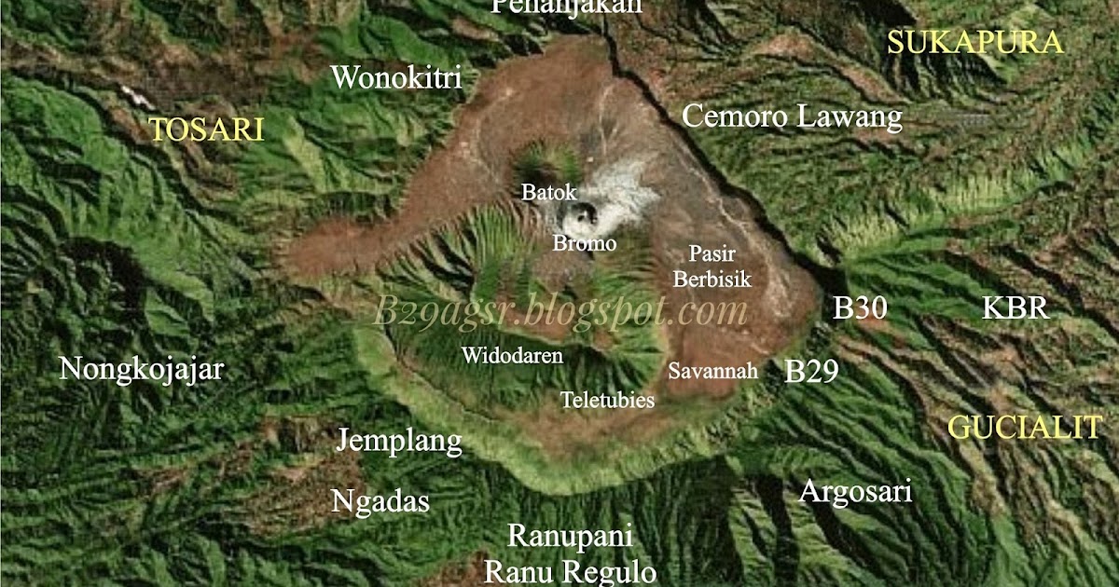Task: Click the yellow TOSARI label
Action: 207,130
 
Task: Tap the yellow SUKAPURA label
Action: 974,43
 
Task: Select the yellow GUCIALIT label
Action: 1025,428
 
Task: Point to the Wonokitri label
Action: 396,78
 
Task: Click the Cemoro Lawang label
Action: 793,117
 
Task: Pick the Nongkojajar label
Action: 141,370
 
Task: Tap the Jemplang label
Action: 399,440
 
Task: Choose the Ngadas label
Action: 380,502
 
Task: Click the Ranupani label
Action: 570,537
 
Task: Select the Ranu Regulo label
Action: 570,570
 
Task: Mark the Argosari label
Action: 855,492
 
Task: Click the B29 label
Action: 811,372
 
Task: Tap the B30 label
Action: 859,308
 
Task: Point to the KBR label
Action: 1015,308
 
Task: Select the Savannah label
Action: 712,371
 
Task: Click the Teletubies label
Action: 607,401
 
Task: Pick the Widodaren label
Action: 512,356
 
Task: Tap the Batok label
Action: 549,193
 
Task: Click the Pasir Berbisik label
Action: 712,266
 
